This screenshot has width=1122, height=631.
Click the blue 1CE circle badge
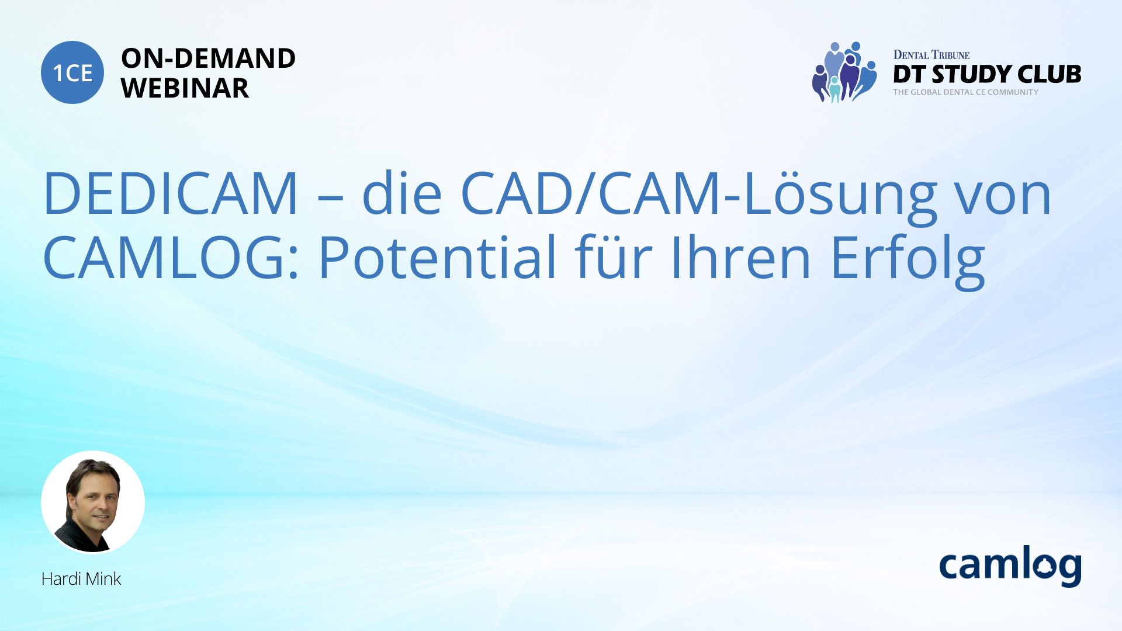click(72, 72)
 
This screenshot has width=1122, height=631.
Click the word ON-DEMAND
click(208, 58)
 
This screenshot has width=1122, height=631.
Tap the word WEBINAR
click(185, 88)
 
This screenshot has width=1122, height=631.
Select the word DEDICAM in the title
click(171, 193)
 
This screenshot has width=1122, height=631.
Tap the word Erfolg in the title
click(908, 260)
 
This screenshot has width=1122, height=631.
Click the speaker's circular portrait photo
click(93, 502)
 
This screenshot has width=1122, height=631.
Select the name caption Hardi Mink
click(81, 579)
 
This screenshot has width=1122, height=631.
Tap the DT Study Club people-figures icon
click(844, 72)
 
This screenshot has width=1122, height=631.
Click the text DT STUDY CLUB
click(987, 74)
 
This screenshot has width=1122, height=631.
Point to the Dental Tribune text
click(931, 55)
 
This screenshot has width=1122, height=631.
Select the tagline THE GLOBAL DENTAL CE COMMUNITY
click(965, 92)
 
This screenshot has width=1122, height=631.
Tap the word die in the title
click(401, 192)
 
